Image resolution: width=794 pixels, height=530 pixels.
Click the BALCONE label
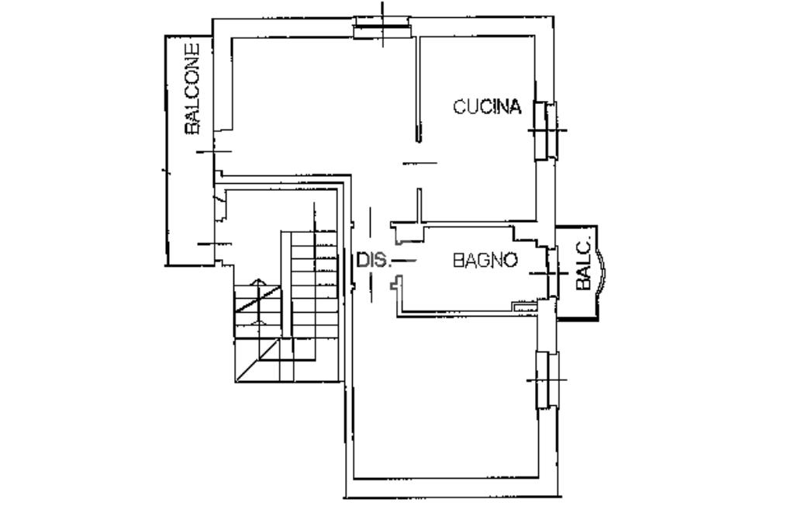[192, 88]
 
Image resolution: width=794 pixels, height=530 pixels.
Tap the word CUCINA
[487, 107]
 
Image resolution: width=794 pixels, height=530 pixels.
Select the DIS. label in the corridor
[374, 260]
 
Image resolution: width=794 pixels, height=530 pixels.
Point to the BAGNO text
[485, 261]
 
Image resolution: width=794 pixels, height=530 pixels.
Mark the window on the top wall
[381, 27]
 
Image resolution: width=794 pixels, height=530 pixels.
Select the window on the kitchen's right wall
[547, 130]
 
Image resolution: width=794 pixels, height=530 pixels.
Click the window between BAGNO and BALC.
[552, 273]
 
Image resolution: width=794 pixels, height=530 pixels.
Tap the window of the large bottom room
[547, 380]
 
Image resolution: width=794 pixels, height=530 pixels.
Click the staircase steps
[287, 306]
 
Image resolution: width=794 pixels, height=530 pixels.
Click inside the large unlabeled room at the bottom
[446, 400]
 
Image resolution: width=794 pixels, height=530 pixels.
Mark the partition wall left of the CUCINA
[418, 88]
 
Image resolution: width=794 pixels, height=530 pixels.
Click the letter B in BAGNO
[457, 261]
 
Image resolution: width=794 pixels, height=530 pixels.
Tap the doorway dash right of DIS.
[404, 261]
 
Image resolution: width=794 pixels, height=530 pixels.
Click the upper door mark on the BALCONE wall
[214, 151]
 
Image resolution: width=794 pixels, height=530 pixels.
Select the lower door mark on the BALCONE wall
[214, 244]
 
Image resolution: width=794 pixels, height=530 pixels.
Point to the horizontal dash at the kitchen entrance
[419, 163]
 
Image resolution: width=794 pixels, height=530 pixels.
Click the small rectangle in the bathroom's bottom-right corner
[525, 306]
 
